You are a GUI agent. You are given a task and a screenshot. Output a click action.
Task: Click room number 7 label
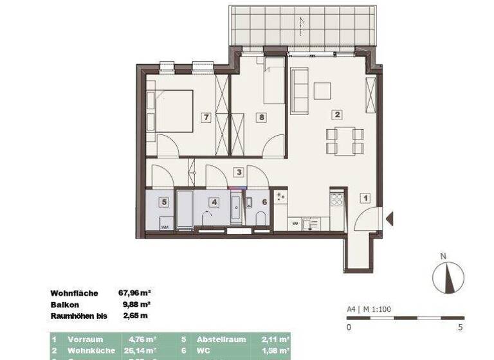206,118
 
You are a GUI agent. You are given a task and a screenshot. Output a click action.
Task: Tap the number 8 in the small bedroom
261,118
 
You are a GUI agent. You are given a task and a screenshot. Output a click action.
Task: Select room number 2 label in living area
336,115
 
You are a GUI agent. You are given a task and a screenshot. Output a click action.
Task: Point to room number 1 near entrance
364,199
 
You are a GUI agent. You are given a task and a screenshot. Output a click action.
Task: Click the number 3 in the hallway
239,172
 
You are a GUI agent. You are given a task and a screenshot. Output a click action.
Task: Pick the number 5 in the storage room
164,202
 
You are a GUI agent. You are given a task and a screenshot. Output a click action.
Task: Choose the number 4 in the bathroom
213,202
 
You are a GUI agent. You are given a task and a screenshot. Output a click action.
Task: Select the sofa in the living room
300,89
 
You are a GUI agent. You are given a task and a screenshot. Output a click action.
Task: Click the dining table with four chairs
345,141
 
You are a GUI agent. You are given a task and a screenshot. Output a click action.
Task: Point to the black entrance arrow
389,219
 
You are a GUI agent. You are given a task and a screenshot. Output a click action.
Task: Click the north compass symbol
448,277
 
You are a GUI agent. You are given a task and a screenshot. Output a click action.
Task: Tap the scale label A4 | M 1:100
369,309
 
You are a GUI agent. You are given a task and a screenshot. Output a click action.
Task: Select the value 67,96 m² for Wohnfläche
134,293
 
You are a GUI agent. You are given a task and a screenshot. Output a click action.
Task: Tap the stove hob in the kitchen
336,199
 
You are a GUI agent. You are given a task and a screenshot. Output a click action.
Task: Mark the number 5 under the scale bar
460,327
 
